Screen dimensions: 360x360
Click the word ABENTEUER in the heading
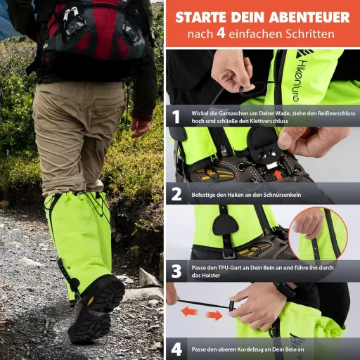click(x=306, y=18)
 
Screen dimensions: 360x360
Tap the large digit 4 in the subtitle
click(x=221, y=33)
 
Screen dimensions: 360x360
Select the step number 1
click(x=176, y=117)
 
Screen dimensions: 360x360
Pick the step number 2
click(x=176, y=195)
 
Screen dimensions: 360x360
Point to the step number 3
click(x=176, y=271)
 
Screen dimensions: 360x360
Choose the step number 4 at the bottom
click(x=176, y=349)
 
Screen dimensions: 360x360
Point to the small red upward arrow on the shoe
click(x=278, y=174)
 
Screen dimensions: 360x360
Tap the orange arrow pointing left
click(x=189, y=312)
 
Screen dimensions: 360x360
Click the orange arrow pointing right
click(x=214, y=316)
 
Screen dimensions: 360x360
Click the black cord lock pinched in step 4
click(x=234, y=306)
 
